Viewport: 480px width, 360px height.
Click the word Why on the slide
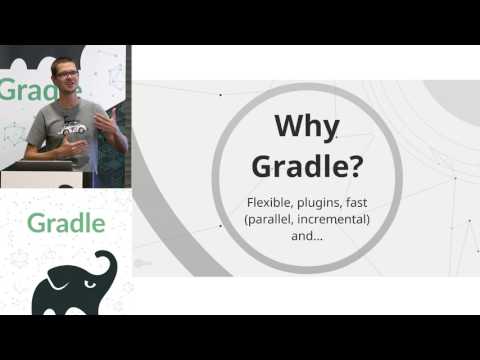[307, 127]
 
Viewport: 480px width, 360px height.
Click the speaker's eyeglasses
[66, 73]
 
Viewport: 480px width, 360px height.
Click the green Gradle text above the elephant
[66, 222]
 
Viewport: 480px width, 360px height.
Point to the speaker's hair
[64, 62]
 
